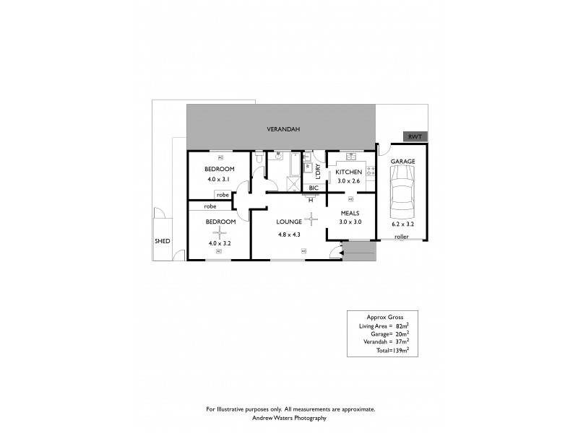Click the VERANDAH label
point(282,129)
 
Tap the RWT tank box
point(414,136)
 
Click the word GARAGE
point(403,162)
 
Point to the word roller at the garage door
point(401,236)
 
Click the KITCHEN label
point(348,172)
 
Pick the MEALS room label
point(350,213)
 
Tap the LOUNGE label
point(287,223)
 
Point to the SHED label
point(162,241)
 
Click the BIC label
point(314,188)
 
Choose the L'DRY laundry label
point(318,170)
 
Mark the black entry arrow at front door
point(333,252)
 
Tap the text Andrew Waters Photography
point(290,418)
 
